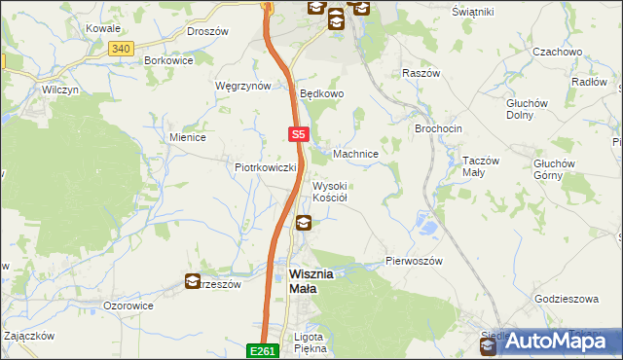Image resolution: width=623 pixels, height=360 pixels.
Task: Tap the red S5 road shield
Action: pyautogui.click(x=299, y=136)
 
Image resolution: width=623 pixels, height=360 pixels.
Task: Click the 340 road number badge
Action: pyautogui.click(x=121, y=48)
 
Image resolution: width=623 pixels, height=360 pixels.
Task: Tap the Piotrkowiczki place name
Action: pyautogui.click(x=265, y=167)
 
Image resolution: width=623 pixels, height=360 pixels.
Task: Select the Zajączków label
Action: pyautogui.click(x=28, y=335)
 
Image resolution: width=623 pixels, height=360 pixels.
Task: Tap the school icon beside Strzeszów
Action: pyautogui.click(x=193, y=282)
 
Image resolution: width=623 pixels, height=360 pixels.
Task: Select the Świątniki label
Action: pyautogui.click(x=474, y=11)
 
